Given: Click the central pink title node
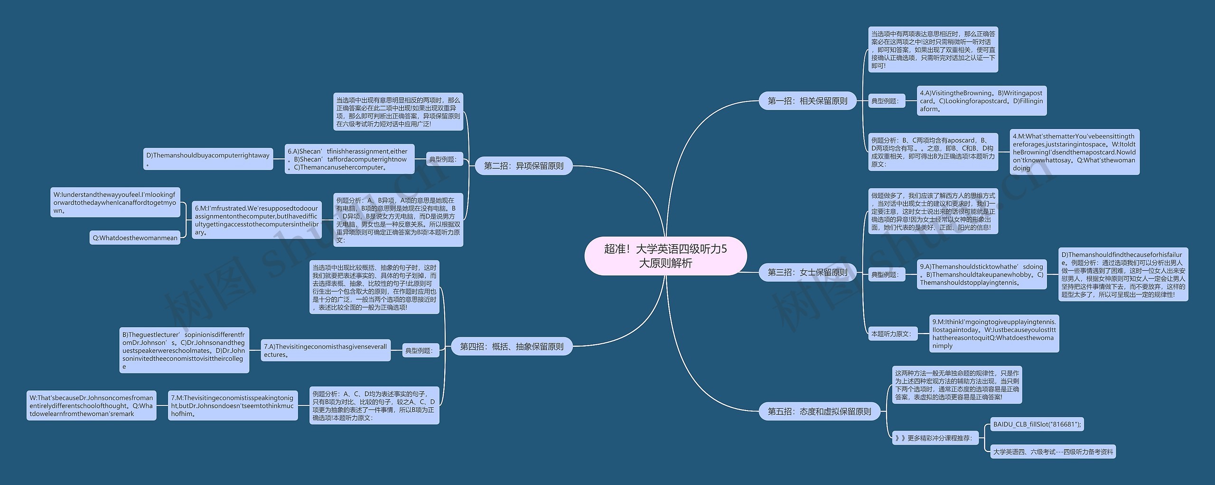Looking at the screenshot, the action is click(665, 256).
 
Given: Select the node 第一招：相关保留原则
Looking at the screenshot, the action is click(807, 101).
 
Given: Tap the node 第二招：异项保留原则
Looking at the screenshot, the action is click(523, 166).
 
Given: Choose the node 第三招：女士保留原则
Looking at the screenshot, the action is click(807, 272).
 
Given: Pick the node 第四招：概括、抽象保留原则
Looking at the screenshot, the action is click(512, 347).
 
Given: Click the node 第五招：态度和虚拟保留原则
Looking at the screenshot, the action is click(819, 412).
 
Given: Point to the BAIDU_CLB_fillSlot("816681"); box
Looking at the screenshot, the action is click(1037, 424).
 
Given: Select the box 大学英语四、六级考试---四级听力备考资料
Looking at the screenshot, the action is click(1053, 452).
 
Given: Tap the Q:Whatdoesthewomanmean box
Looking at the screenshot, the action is click(135, 238).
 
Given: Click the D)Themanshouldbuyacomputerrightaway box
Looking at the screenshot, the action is click(208, 159).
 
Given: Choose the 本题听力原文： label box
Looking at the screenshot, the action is click(891, 334).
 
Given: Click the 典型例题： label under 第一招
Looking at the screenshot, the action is click(885, 101).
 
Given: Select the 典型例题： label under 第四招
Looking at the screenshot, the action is click(419, 351).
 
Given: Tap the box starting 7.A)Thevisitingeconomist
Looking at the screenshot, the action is click(326, 350).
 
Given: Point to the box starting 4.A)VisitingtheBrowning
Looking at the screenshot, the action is click(981, 101).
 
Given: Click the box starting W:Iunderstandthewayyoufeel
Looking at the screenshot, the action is click(115, 202).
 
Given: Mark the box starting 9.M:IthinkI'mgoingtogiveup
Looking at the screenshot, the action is click(994, 334).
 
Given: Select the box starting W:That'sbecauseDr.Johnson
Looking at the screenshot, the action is click(91, 406).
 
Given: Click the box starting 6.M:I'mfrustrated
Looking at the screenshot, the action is click(256, 220).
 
